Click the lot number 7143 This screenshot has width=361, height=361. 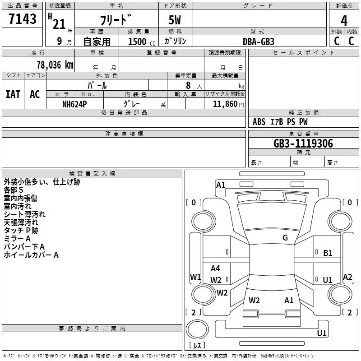[22, 19]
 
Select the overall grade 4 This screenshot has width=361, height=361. [344, 21]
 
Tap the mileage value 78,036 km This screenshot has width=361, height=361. [55, 65]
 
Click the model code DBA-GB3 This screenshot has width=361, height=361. [259, 42]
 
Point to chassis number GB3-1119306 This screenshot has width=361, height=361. [303, 143]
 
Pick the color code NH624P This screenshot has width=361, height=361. [74, 104]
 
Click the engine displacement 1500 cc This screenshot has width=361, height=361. [142, 42]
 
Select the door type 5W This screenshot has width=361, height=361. [175, 20]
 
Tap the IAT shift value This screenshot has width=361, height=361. [13, 94]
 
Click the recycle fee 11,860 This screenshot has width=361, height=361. [225, 104]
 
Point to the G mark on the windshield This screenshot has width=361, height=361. [285, 238]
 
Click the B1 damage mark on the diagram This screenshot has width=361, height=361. [328, 253]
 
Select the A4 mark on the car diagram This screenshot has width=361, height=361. [215, 268]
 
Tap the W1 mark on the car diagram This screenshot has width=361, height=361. [195, 277]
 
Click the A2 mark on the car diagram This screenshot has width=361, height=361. [347, 277]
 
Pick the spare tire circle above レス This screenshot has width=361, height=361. [197, 329]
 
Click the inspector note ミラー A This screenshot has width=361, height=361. [17, 239]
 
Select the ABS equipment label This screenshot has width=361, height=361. [259, 122]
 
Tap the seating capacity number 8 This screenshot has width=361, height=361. [188, 85]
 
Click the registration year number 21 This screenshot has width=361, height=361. [59, 24]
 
